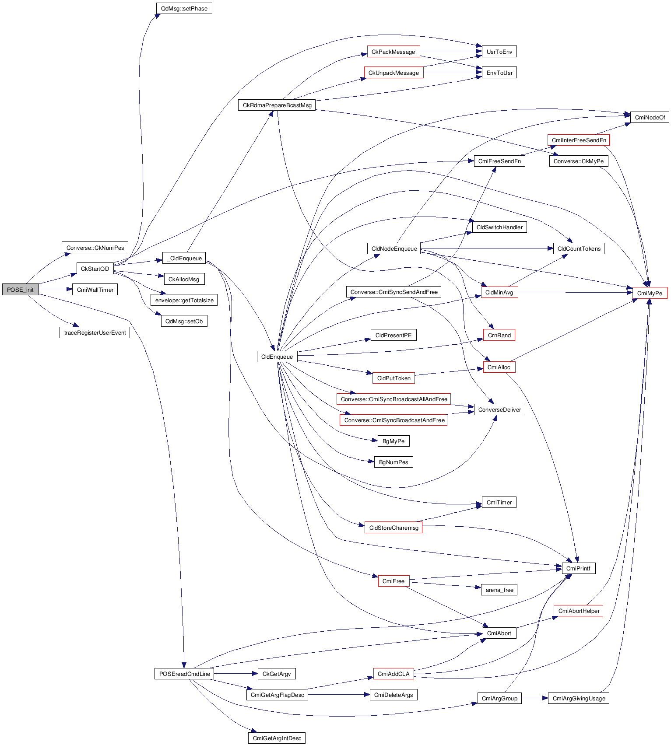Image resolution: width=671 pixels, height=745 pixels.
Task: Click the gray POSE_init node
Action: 20,290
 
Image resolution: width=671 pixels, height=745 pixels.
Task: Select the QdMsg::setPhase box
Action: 184,8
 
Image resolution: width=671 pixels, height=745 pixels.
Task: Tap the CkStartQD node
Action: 95,269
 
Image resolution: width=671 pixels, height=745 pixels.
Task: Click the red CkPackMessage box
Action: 393,52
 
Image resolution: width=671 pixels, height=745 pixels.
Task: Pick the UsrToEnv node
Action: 499,52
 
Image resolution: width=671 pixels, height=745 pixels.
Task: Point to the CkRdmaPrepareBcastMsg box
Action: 277,105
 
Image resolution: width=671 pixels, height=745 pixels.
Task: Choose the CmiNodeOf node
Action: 650,117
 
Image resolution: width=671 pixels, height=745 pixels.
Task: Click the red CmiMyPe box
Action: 650,293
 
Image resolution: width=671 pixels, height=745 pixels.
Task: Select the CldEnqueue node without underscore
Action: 277,357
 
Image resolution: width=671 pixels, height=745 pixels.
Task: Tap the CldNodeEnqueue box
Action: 394,248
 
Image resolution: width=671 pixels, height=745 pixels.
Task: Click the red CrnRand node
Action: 499,335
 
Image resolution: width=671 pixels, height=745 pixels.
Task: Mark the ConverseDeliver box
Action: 499,409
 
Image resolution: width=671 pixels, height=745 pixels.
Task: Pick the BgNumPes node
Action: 393,462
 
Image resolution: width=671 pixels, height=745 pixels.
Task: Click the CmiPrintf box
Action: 578,568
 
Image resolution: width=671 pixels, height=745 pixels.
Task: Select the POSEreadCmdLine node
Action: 184,674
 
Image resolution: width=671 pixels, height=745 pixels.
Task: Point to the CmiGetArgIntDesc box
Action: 277,738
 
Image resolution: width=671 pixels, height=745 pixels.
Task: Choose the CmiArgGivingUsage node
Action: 579,698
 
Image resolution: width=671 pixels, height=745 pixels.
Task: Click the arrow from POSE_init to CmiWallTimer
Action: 56,290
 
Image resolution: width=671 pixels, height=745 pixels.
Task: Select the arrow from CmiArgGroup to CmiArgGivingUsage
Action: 534,698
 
